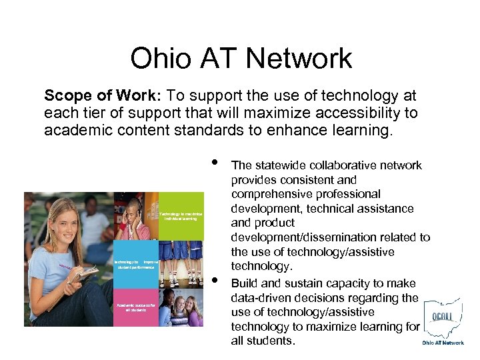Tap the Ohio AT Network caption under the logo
click(x=443, y=343)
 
